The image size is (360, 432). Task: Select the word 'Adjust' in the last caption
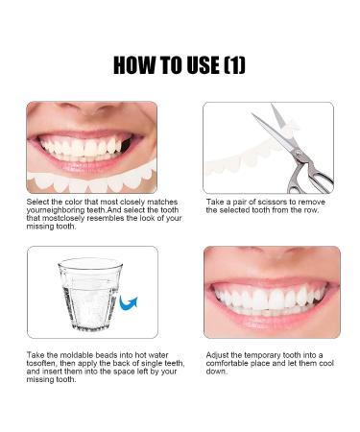(215, 356)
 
